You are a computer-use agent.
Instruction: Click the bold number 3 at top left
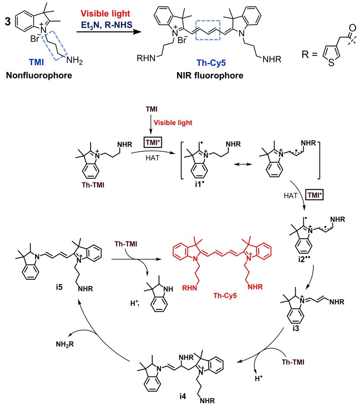click(8, 21)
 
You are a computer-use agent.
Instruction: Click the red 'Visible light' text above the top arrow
click(105, 14)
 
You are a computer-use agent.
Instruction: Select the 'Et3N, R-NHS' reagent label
click(106, 25)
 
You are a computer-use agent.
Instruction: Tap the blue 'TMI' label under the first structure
click(36, 62)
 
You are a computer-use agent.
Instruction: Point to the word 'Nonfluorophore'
click(39, 75)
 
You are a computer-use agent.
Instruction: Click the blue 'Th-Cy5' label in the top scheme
click(211, 63)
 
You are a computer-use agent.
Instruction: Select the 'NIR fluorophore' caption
click(210, 76)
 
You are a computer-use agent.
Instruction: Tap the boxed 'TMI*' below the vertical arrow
click(153, 142)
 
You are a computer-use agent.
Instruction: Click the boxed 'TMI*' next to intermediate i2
click(314, 195)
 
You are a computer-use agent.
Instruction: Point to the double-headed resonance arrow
click(243, 164)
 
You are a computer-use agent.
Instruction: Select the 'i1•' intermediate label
click(199, 184)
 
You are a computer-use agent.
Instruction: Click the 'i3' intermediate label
click(296, 328)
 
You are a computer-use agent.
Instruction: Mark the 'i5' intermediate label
click(59, 287)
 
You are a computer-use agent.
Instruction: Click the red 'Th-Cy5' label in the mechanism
click(225, 296)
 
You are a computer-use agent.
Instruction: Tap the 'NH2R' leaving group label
click(65, 344)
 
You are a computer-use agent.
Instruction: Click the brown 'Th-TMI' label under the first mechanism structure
click(93, 185)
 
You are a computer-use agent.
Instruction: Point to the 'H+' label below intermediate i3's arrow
click(259, 378)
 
